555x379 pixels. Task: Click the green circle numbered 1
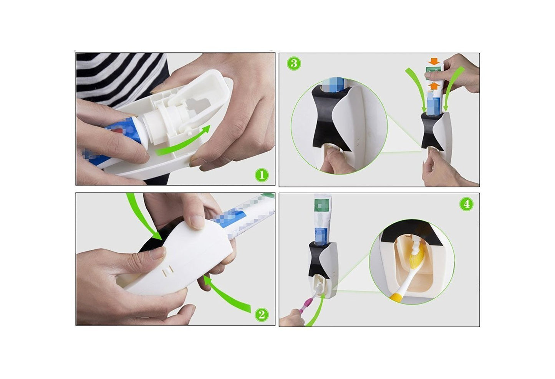click(x=262, y=175)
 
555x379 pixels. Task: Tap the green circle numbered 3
click(x=293, y=64)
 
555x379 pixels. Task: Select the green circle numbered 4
click(x=466, y=204)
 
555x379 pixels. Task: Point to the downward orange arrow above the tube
click(x=434, y=61)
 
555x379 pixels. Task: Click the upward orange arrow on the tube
click(x=434, y=86)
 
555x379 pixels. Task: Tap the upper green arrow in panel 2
click(x=140, y=218)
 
